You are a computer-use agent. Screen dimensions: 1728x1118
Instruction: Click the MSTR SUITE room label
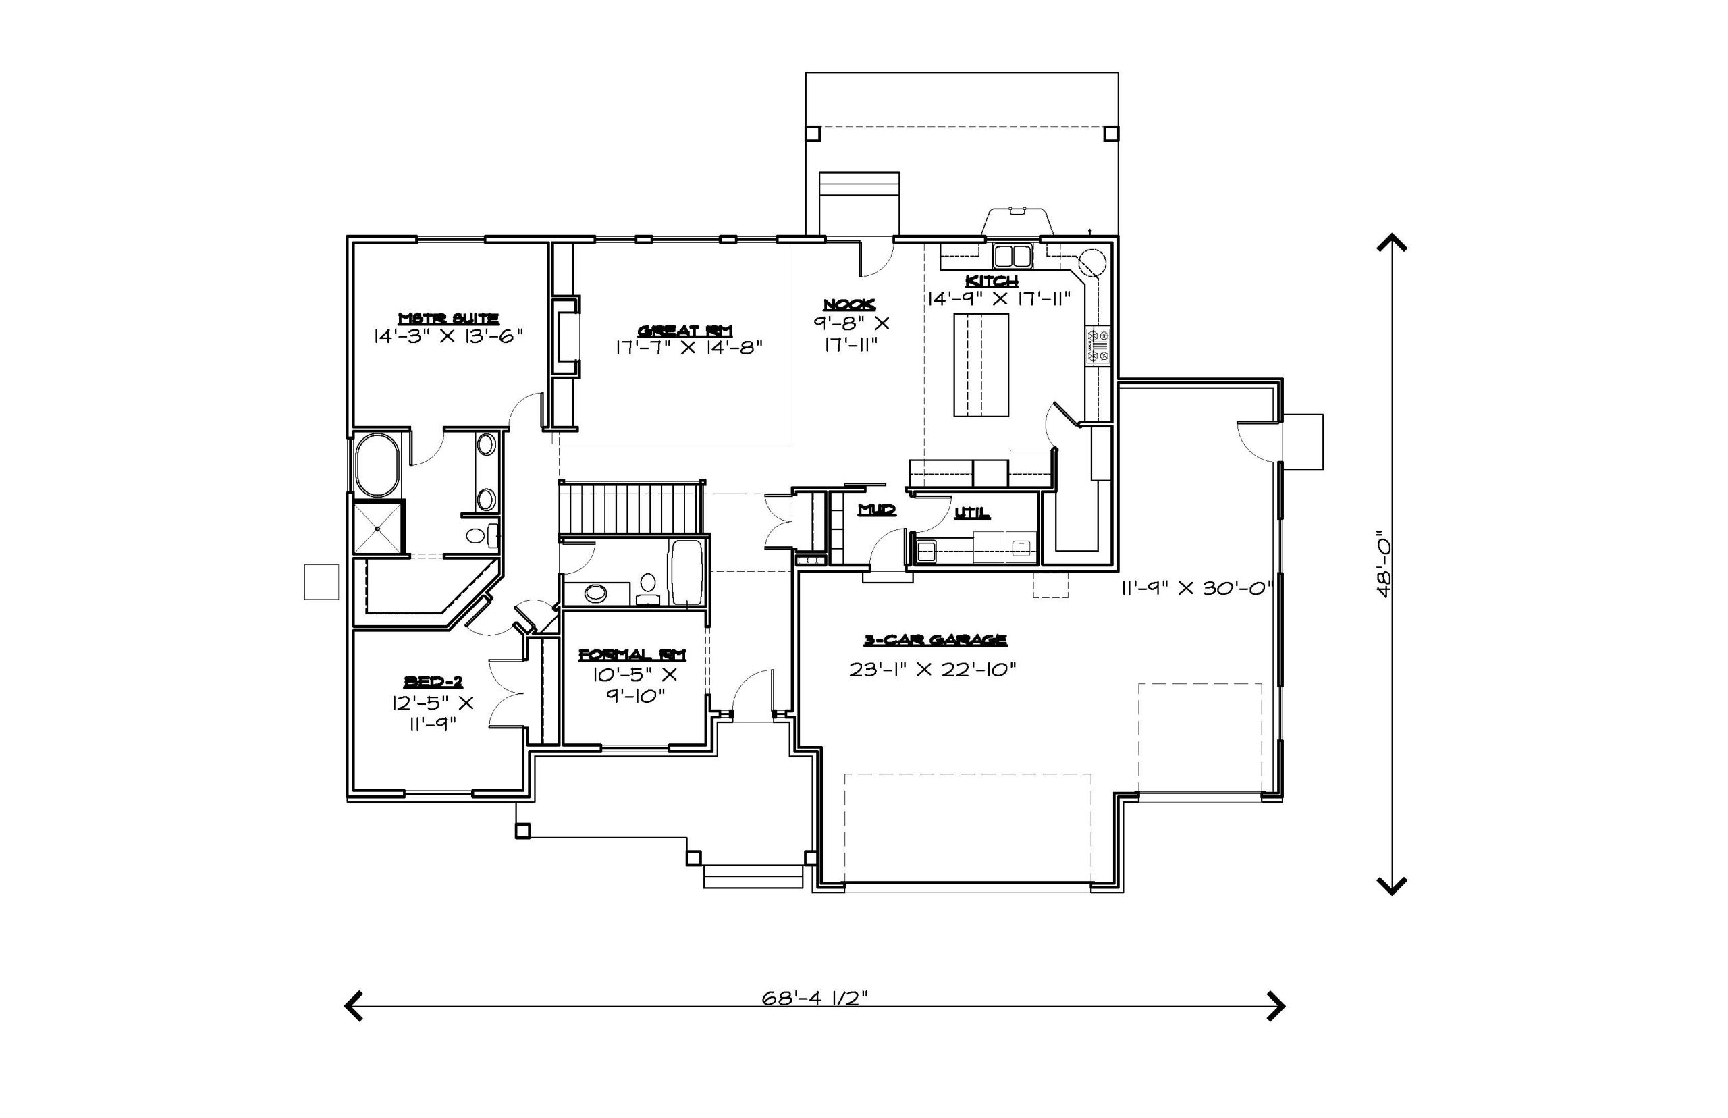(448, 318)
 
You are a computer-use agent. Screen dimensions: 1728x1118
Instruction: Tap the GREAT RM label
(685, 330)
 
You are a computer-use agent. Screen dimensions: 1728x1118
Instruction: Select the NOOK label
(849, 305)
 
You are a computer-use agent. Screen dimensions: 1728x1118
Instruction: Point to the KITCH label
(992, 280)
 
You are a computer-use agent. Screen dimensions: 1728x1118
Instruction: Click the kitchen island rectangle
(981, 365)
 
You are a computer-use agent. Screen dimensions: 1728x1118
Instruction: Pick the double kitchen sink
(1013, 257)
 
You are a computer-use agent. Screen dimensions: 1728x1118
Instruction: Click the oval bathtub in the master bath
(377, 464)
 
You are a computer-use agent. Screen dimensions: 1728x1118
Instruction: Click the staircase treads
(630, 510)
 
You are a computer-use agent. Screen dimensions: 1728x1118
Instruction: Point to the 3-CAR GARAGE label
(935, 639)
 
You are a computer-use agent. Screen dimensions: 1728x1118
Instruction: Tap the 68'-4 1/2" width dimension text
(814, 999)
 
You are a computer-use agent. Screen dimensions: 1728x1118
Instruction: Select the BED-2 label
(433, 681)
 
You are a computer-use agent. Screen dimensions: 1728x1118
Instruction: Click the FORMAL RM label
(632, 654)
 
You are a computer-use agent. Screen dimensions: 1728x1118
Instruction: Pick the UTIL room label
(972, 512)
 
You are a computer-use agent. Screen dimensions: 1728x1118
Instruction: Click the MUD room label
(877, 510)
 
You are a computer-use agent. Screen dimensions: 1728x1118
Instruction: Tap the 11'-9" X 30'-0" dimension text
(1197, 588)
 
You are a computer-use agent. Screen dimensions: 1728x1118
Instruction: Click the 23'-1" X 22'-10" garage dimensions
(933, 669)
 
